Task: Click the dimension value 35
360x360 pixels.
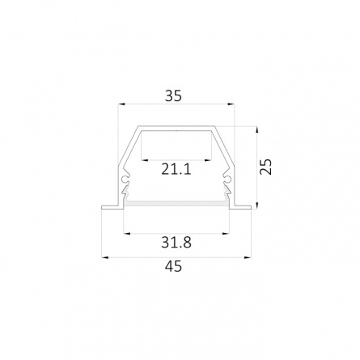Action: click(x=173, y=96)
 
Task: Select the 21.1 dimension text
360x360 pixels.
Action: click(x=176, y=169)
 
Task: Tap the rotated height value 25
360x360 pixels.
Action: click(x=265, y=167)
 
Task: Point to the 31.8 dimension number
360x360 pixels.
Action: click(x=176, y=242)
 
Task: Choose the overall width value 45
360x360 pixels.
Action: click(x=173, y=266)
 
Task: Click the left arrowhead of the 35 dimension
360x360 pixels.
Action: click(x=122, y=104)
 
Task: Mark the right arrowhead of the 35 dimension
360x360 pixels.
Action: click(x=231, y=104)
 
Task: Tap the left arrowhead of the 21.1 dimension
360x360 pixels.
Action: click(x=145, y=160)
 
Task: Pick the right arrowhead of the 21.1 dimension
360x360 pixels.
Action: click(x=208, y=160)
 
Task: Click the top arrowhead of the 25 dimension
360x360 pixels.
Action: click(x=257, y=129)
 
